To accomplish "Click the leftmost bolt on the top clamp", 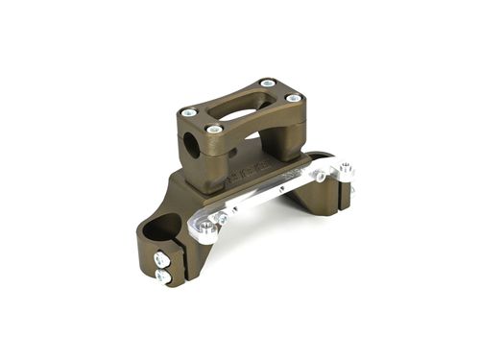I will point(188,112).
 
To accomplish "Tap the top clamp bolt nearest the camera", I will point(214,129).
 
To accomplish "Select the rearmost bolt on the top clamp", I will point(266,85).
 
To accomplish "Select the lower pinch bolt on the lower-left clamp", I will point(163,277).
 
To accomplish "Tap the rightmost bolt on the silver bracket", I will point(347,171).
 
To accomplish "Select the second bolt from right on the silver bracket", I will point(321,177).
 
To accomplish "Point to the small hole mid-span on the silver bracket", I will point(278,190).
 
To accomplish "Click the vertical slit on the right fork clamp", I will point(344,196).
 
